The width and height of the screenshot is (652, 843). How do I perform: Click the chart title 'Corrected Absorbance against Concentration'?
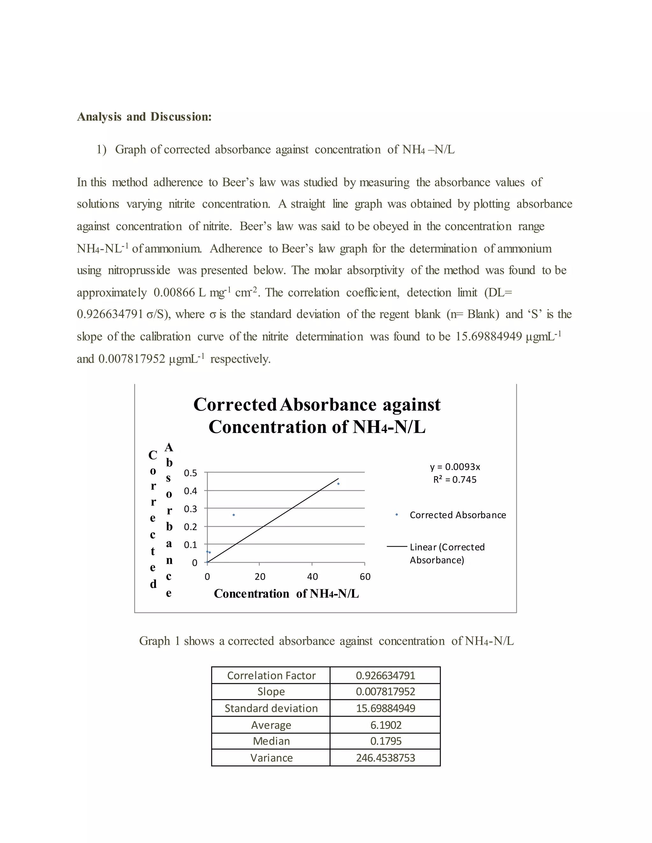[x=317, y=416]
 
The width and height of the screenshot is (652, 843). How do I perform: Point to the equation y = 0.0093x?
[x=455, y=467]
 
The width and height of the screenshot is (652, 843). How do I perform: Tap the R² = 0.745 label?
[x=455, y=480]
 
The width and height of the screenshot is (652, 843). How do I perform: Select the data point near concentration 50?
[x=338, y=484]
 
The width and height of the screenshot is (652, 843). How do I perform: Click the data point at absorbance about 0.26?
[x=234, y=515]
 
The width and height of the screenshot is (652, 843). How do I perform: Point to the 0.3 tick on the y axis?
[x=190, y=509]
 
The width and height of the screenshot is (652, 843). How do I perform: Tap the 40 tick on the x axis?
[x=313, y=577]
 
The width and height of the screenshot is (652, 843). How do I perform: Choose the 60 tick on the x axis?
[x=365, y=577]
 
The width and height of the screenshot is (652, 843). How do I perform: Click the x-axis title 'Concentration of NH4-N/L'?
[x=286, y=594]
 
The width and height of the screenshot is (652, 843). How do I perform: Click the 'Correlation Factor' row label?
[x=271, y=675]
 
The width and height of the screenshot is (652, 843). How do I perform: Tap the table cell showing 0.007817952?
[x=386, y=692]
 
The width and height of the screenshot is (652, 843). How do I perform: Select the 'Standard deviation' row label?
[x=271, y=708]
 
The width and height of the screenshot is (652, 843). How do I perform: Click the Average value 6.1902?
[x=386, y=725]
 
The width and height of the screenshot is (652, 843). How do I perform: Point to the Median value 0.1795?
[x=386, y=741]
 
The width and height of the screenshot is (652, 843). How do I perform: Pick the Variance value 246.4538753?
[x=386, y=758]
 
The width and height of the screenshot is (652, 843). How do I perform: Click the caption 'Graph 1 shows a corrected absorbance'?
[x=326, y=641]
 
